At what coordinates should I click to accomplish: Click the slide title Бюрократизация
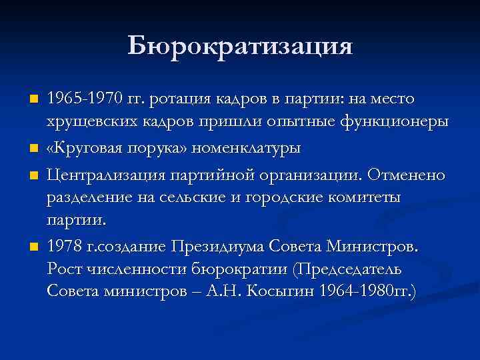(240, 46)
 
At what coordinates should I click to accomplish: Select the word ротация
(180, 99)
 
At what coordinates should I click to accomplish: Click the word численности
(136, 270)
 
